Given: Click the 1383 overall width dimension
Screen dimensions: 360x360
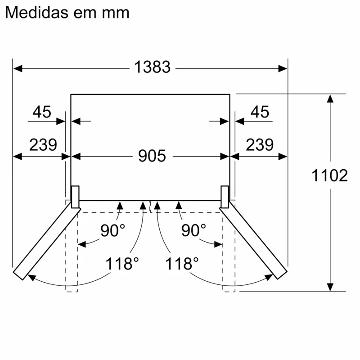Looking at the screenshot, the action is coord(152,67).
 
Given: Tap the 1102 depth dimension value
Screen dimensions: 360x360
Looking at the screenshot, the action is coord(329,175).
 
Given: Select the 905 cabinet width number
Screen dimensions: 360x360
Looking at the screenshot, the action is coord(152,156).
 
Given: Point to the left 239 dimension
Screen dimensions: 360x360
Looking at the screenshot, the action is coord(43,145).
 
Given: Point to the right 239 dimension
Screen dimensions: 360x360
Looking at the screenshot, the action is coord(260,145).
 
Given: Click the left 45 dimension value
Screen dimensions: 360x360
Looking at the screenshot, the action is coord(42,112).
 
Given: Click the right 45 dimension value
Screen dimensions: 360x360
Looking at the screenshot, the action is coord(260,112).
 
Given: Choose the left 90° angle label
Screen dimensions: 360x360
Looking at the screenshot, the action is coord(113,230).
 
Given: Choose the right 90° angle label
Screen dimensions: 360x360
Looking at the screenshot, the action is coord(193,230).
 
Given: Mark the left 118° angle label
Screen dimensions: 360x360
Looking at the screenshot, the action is coord(122,264).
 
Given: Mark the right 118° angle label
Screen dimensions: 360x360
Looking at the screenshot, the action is coord(182,264).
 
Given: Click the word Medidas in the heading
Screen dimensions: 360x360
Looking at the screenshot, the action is coord(37,13).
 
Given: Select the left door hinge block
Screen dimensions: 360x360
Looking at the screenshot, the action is coord(75,197).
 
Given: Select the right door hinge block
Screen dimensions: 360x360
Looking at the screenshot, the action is coord(225,197).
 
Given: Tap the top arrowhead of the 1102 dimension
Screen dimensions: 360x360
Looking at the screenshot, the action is coord(330,99).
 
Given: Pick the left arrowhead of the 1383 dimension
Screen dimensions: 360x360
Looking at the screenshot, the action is coord(18,68).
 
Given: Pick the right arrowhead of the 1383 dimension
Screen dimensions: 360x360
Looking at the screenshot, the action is coord(283,68).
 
